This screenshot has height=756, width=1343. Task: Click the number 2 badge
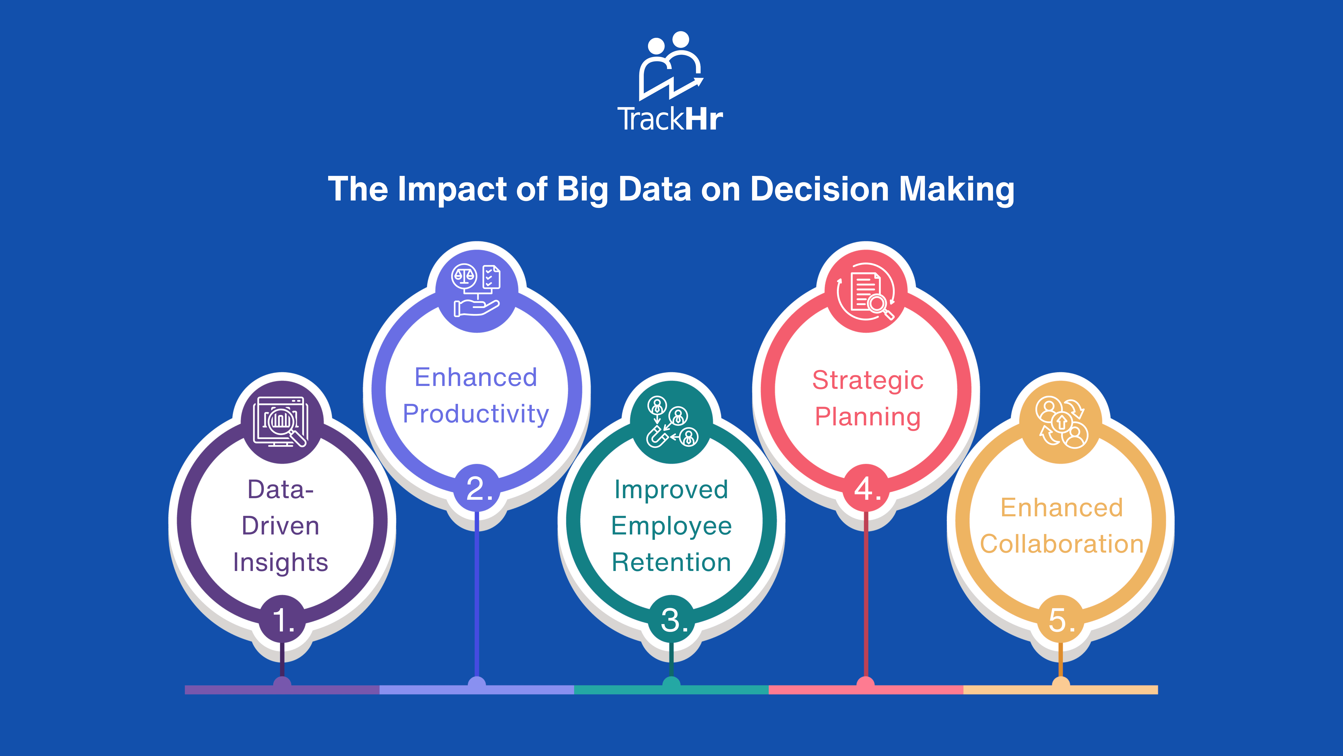[x=477, y=488]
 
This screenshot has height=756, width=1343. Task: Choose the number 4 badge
[x=866, y=488]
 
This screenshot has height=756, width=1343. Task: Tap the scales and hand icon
[x=476, y=290]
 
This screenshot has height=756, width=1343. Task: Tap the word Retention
[x=671, y=562]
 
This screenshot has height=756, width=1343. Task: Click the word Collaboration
[x=1061, y=544]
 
